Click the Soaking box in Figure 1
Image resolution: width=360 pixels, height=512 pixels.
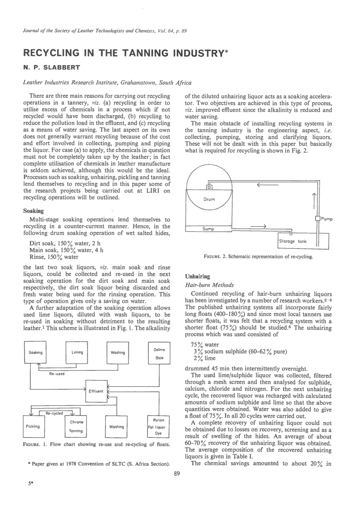click(35, 352)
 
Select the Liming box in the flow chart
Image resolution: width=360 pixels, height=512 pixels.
click(77, 352)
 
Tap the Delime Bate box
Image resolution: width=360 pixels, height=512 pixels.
click(159, 353)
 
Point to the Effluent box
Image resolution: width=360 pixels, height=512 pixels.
click(96, 391)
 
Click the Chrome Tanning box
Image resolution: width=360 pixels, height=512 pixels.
click(76, 426)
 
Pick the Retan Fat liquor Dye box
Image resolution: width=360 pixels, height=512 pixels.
click(158, 427)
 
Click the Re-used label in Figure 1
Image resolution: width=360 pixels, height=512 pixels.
click(57, 374)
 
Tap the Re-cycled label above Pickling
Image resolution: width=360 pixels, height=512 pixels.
click(54, 413)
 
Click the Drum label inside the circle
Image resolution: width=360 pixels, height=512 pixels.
click(209, 199)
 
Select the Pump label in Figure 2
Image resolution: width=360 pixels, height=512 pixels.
click(327, 219)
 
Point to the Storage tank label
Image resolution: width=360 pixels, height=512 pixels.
click(293, 241)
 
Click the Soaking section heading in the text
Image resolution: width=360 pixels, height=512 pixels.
click(33, 211)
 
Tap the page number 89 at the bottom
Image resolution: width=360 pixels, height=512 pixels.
click(177, 474)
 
